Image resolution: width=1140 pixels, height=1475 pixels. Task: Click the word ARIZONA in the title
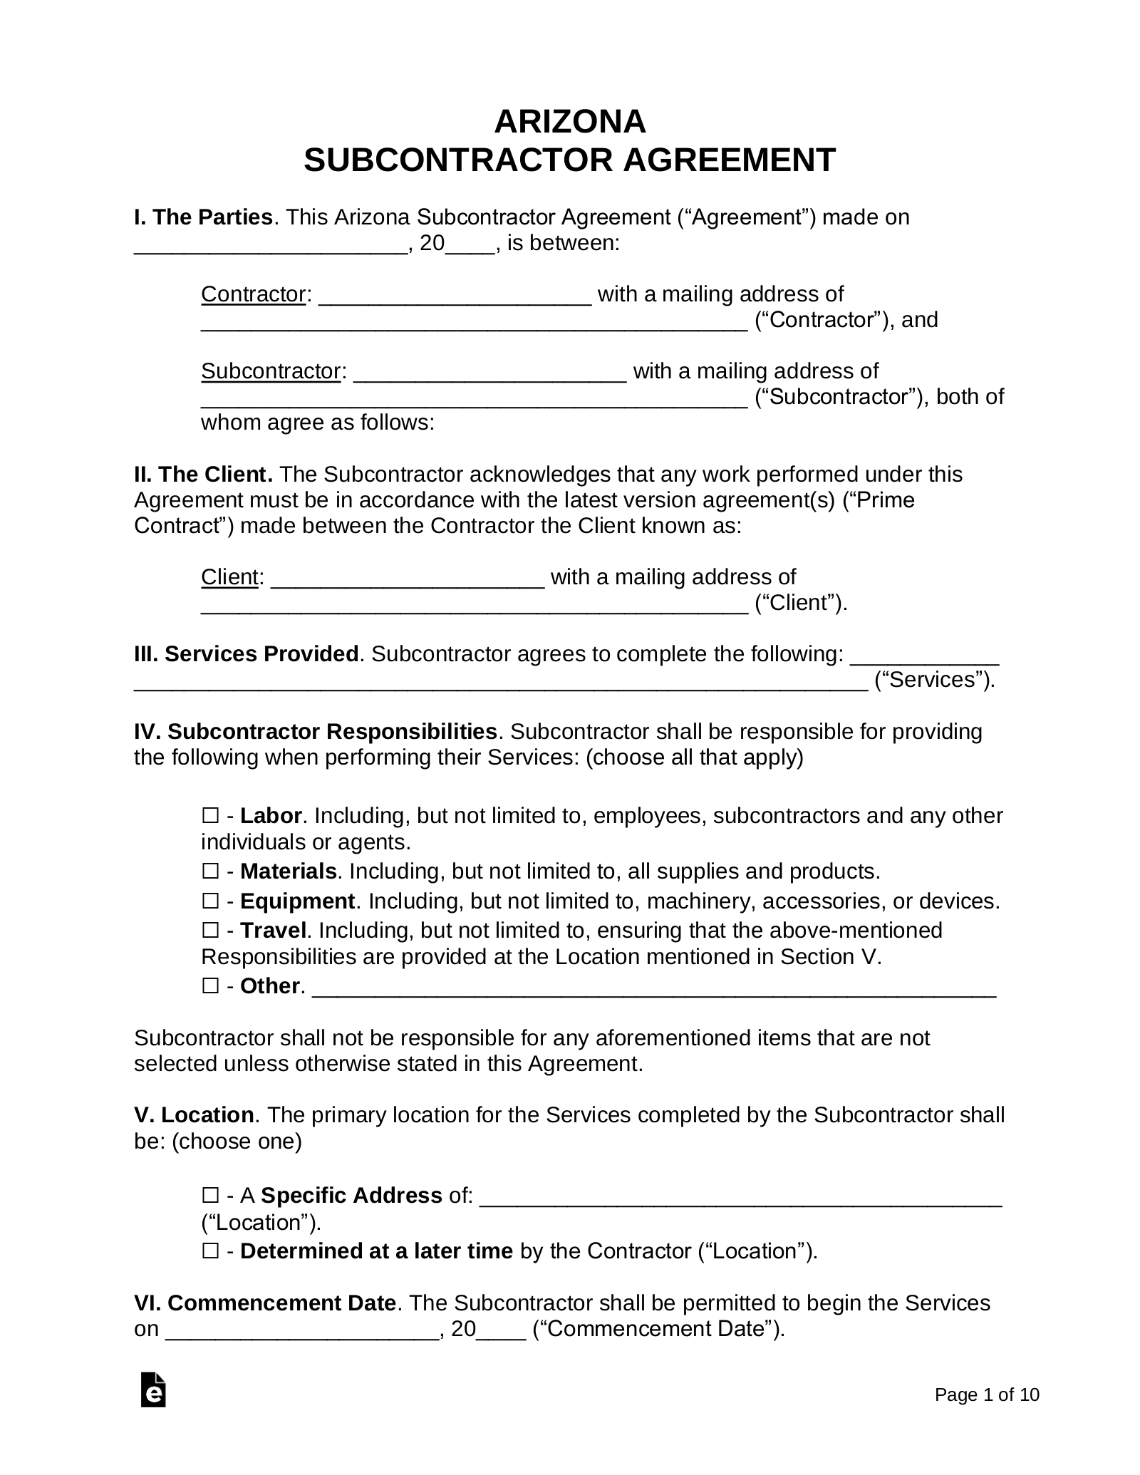[569, 122]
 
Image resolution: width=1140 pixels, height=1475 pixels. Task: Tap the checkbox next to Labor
[210, 815]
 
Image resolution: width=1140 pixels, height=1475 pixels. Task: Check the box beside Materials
[210, 871]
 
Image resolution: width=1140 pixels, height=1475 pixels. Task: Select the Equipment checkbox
[210, 901]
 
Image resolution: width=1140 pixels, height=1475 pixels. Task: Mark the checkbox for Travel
[210, 930]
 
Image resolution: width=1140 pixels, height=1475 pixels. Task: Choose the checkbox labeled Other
[210, 986]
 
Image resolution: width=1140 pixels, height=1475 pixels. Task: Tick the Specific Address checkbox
[210, 1195]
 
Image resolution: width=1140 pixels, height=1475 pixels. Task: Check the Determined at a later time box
[210, 1251]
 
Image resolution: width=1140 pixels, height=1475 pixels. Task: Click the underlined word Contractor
[253, 294]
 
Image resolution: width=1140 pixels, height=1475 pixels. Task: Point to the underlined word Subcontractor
[271, 371]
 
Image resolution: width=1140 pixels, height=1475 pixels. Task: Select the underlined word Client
[229, 576]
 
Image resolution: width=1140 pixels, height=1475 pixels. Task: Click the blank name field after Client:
[408, 579]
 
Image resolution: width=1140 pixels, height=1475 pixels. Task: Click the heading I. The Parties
[203, 217]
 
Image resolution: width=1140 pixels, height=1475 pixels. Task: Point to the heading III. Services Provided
[246, 653]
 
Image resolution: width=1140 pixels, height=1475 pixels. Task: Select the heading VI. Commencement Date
[264, 1303]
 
